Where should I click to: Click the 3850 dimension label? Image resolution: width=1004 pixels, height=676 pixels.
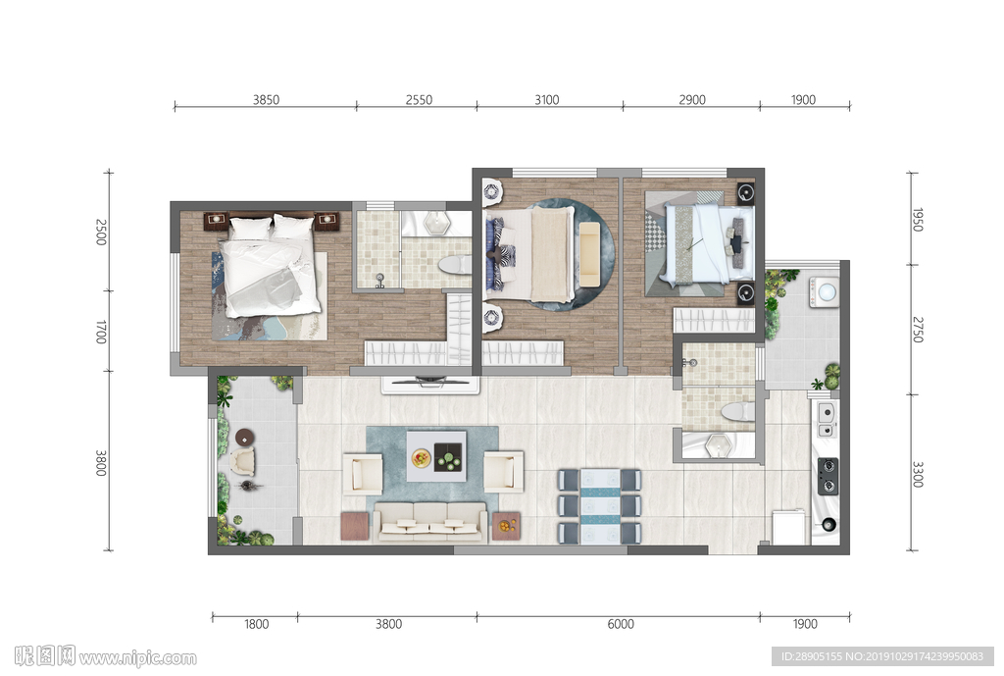pos(266,99)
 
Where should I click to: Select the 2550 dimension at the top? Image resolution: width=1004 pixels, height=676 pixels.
pos(419,99)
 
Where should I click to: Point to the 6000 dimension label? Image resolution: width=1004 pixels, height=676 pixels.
pos(621,624)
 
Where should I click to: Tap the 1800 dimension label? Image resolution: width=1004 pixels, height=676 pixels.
pos(256,624)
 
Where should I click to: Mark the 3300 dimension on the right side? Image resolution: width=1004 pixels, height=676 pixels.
pos(918,474)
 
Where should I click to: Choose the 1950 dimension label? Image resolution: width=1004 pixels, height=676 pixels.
pos(918,220)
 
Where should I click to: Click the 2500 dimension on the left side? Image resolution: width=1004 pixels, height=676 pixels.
pos(101,232)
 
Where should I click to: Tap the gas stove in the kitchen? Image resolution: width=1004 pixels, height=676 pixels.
pos(828,476)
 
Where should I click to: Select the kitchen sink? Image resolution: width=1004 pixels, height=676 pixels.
pos(826,419)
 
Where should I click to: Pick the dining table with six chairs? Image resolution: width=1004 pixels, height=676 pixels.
pos(600,506)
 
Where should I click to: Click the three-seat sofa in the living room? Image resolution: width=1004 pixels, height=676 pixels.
pos(430,522)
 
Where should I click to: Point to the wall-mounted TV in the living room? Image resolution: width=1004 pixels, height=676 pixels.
pos(430,383)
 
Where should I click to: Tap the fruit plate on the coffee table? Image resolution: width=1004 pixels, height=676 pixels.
pos(421,457)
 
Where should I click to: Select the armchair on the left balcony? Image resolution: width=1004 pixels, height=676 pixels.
pos(243,461)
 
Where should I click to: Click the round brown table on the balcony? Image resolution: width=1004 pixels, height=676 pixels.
pos(244,438)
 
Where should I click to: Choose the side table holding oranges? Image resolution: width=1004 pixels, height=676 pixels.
pos(506,526)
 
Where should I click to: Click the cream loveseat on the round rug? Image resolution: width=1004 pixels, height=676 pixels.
pos(589,254)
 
